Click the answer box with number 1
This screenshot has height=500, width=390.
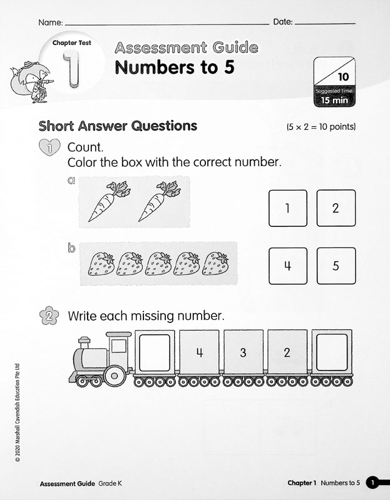(287, 208)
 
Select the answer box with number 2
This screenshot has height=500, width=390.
(336, 208)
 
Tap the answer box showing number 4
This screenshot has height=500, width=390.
(287, 266)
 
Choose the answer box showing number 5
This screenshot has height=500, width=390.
(336, 266)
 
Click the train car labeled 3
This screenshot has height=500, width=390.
(243, 353)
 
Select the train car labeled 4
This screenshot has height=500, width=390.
(199, 353)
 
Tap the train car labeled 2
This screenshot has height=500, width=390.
(287, 353)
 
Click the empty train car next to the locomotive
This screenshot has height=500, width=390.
(155, 353)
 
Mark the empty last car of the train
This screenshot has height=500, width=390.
(330, 353)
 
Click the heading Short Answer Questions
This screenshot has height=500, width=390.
(118, 126)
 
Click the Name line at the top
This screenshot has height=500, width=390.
(166, 23)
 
